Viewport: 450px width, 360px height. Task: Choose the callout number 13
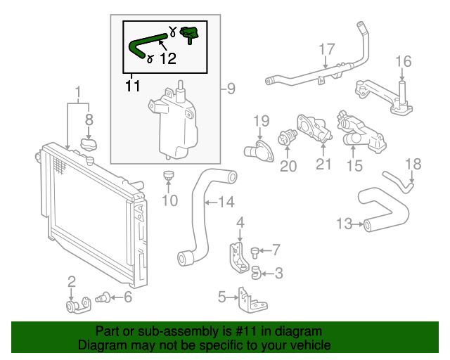coord(344,224)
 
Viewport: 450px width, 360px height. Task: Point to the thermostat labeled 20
coord(287,139)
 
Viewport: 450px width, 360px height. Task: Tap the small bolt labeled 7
coord(256,250)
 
